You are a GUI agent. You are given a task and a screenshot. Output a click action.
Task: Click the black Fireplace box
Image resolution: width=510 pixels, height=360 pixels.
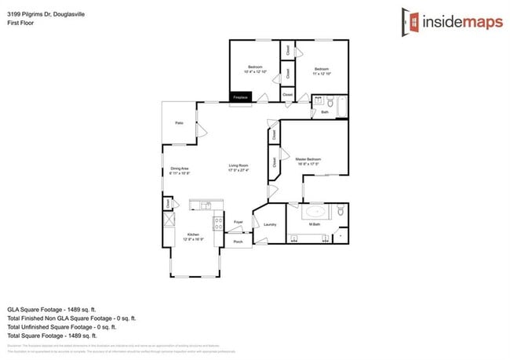pyautogui.click(x=240, y=97)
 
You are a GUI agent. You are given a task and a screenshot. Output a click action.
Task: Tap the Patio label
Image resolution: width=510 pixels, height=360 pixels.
pyautogui.click(x=179, y=123)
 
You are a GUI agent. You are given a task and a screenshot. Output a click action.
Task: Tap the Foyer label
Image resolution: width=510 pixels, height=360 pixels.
pyautogui.click(x=239, y=223)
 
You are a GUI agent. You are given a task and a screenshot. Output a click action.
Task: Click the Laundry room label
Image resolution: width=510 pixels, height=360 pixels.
pyautogui.click(x=269, y=224)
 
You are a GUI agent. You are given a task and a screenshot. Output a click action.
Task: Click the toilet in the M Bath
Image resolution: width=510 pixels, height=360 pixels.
pyautogui.click(x=339, y=211)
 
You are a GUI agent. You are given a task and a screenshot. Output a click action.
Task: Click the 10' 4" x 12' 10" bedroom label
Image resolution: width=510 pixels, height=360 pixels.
pyautogui.click(x=255, y=69)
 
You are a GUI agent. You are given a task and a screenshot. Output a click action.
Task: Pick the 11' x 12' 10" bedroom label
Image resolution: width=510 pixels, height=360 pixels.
pyautogui.click(x=322, y=69)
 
